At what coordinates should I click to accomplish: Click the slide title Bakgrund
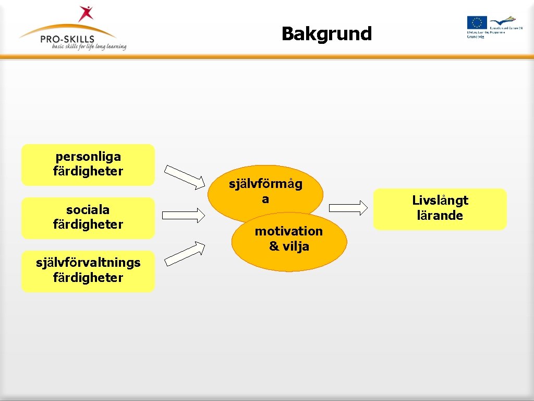(x=326, y=34)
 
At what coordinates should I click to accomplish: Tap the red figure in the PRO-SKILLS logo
(x=85, y=14)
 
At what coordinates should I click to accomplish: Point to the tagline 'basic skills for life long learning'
(x=89, y=46)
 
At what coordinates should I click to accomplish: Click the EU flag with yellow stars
(x=477, y=22)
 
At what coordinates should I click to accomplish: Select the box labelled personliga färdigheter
(x=88, y=164)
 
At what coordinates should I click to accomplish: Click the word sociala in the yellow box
(x=88, y=210)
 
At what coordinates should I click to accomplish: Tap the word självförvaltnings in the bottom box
(x=88, y=263)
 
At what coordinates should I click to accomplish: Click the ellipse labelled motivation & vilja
(x=289, y=241)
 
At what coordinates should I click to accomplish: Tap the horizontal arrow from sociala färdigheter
(x=184, y=215)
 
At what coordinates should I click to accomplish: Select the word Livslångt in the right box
(x=440, y=200)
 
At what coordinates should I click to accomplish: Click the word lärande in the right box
(x=440, y=216)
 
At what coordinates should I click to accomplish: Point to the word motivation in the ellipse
(x=289, y=231)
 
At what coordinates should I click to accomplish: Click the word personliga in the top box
(x=88, y=156)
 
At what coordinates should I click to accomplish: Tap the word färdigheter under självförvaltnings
(x=88, y=278)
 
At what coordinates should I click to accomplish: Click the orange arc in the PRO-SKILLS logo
(x=68, y=27)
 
